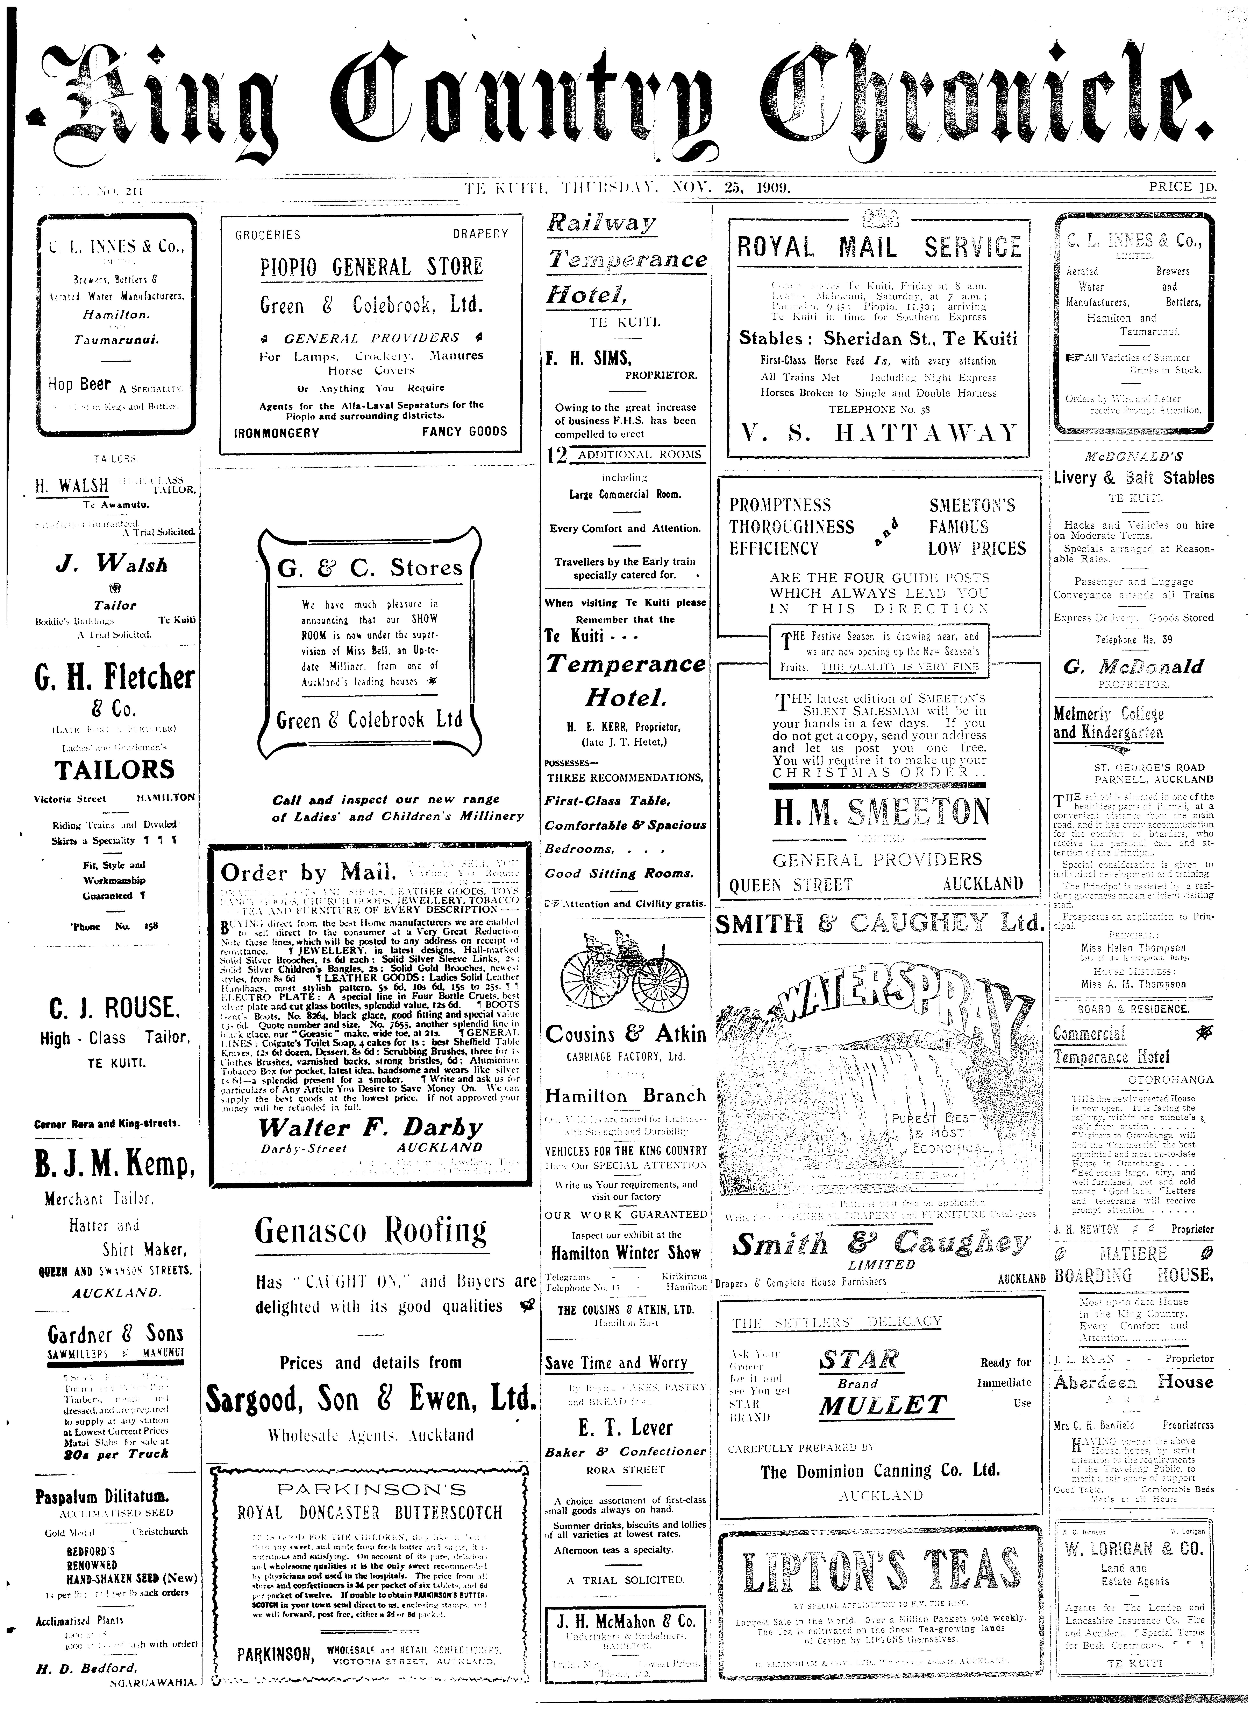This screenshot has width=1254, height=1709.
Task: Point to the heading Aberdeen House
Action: click(1134, 1382)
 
